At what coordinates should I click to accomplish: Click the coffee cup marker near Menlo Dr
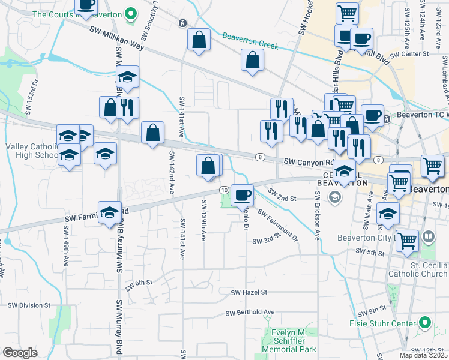pyautogui.click(x=243, y=195)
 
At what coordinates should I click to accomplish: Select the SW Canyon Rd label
pyautogui.click(x=308, y=162)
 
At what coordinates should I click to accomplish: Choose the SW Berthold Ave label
pyautogui.click(x=250, y=313)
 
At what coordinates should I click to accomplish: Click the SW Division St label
pyautogui.click(x=29, y=305)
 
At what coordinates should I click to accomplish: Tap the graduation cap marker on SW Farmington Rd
pyautogui.click(x=109, y=213)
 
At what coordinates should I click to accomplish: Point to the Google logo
pyautogui.click(x=20, y=352)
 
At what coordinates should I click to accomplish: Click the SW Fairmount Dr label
pyautogui.click(x=278, y=224)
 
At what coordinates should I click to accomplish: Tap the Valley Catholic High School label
pyautogui.click(x=29, y=151)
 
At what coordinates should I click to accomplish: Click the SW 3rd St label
pyautogui.click(x=267, y=241)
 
